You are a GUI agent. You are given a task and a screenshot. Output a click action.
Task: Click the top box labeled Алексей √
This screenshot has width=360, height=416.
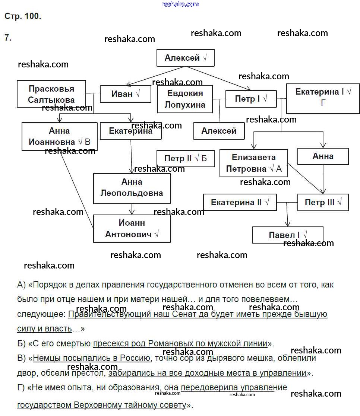185,58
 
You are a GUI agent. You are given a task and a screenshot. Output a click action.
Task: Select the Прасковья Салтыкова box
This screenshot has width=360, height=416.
51,94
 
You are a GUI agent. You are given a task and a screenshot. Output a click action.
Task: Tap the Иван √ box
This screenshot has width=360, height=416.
125,94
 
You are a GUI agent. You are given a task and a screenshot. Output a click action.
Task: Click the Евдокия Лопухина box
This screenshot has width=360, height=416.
185,99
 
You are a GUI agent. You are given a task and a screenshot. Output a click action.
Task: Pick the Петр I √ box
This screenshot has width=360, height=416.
251,99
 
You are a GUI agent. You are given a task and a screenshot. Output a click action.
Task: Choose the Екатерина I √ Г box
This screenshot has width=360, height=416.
323,98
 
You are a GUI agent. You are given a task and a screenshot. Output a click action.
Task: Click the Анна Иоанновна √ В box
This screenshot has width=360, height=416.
59,136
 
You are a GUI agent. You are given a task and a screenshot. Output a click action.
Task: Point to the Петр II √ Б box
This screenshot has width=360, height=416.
185,159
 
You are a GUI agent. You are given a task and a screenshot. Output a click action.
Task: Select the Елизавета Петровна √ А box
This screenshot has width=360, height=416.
253,163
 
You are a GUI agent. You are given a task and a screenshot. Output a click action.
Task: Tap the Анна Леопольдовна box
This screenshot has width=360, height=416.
132,188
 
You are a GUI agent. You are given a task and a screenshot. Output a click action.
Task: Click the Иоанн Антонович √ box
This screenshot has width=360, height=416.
132,229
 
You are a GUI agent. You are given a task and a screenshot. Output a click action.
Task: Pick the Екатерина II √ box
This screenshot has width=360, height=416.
240,202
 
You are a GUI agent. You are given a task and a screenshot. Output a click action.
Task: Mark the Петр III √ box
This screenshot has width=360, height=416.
323,202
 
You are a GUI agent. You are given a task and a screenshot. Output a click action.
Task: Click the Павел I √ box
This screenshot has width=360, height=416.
288,235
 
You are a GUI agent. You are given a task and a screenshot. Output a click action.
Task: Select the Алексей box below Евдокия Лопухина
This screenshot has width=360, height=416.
219,131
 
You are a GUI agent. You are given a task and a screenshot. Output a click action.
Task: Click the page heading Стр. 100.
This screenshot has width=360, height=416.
22,16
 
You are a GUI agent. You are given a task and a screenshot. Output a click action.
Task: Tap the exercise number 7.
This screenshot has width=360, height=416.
8,37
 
